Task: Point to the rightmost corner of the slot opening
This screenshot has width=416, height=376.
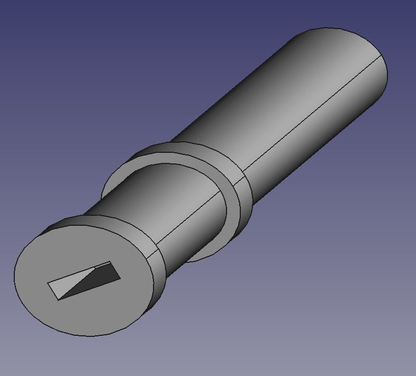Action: click(120, 278)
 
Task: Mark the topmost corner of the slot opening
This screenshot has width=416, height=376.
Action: click(110, 261)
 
